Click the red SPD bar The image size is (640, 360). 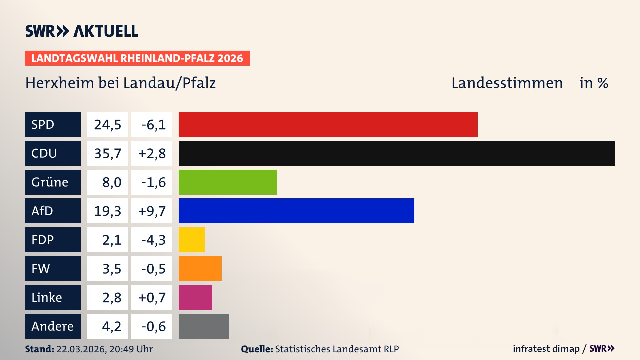pyautogui.click(x=328, y=124)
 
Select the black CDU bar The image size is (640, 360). pyautogui.click(x=397, y=153)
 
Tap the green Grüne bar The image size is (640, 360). pyautogui.click(x=228, y=182)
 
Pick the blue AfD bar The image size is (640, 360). pyautogui.click(x=296, y=211)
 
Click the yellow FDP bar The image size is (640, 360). pyautogui.click(x=192, y=240)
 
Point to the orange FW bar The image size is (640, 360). pyautogui.click(x=200, y=268)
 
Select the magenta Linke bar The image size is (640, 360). pyautogui.click(x=195, y=297)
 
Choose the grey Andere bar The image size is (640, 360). pyautogui.click(x=204, y=326)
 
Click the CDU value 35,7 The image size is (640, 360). pyautogui.click(x=107, y=153)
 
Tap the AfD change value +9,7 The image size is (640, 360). pyautogui.click(x=152, y=211)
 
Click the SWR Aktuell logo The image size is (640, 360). pyautogui.click(x=82, y=31)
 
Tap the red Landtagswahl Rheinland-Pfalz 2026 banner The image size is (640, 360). pyautogui.click(x=137, y=58)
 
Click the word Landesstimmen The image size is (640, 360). pyautogui.click(x=507, y=83)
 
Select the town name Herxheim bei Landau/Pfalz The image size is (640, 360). pyautogui.click(x=121, y=83)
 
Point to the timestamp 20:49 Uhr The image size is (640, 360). pyautogui.click(x=131, y=349)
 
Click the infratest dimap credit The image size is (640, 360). pyautogui.click(x=546, y=349)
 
